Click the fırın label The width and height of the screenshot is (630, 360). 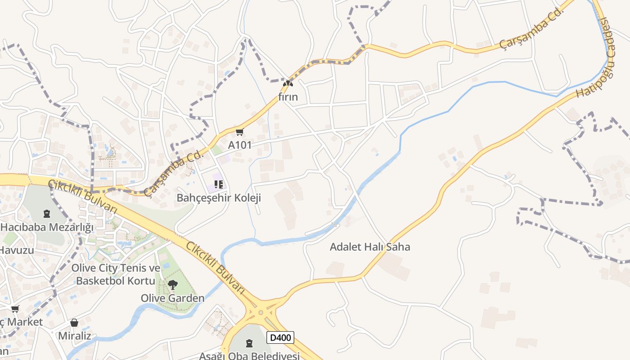(288, 97)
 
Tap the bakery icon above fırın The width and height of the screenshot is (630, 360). (288, 83)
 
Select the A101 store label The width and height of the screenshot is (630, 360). (239, 145)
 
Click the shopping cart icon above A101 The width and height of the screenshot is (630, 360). (239, 132)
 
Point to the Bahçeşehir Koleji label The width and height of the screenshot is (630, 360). (219, 198)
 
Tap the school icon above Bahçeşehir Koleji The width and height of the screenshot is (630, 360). (219, 184)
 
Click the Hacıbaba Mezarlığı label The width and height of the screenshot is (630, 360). (47, 227)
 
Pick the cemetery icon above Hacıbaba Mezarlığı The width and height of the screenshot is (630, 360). (47, 213)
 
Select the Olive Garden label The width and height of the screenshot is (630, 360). (172, 298)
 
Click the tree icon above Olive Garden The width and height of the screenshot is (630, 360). (172, 284)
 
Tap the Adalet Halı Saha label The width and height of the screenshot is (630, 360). (370, 247)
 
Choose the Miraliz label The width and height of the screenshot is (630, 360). (74, 336)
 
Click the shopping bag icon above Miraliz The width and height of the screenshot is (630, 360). (74, 323)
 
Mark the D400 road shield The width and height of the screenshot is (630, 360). (280, 337)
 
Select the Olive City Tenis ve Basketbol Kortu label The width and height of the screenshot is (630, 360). (116, 274)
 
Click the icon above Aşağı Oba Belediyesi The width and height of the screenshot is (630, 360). (249, 343)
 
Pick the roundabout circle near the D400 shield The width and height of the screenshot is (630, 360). (261, 312)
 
